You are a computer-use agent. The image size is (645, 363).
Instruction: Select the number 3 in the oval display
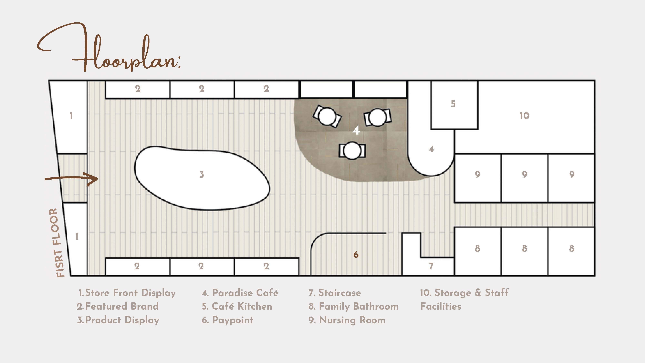click(202, 174)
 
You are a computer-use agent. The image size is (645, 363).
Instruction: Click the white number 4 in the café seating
click(356, 130)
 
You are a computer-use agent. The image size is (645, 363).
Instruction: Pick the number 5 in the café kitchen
click(453, 104)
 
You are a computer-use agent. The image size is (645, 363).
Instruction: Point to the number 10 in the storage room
click(524, 116)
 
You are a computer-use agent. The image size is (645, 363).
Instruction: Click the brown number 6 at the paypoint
click(356, 255)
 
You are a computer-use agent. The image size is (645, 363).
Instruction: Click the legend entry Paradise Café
click(240, 293)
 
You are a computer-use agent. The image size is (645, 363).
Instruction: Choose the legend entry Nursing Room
click(347, 320)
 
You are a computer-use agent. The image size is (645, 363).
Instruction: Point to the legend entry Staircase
click(335, 293)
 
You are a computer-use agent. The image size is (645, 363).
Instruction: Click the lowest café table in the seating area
click(352, 151)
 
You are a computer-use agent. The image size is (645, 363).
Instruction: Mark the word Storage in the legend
click(453, 293)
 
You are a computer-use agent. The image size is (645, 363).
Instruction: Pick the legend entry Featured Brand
click(118, 306)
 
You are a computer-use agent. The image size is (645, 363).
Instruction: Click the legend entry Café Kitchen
click(237, 306)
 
